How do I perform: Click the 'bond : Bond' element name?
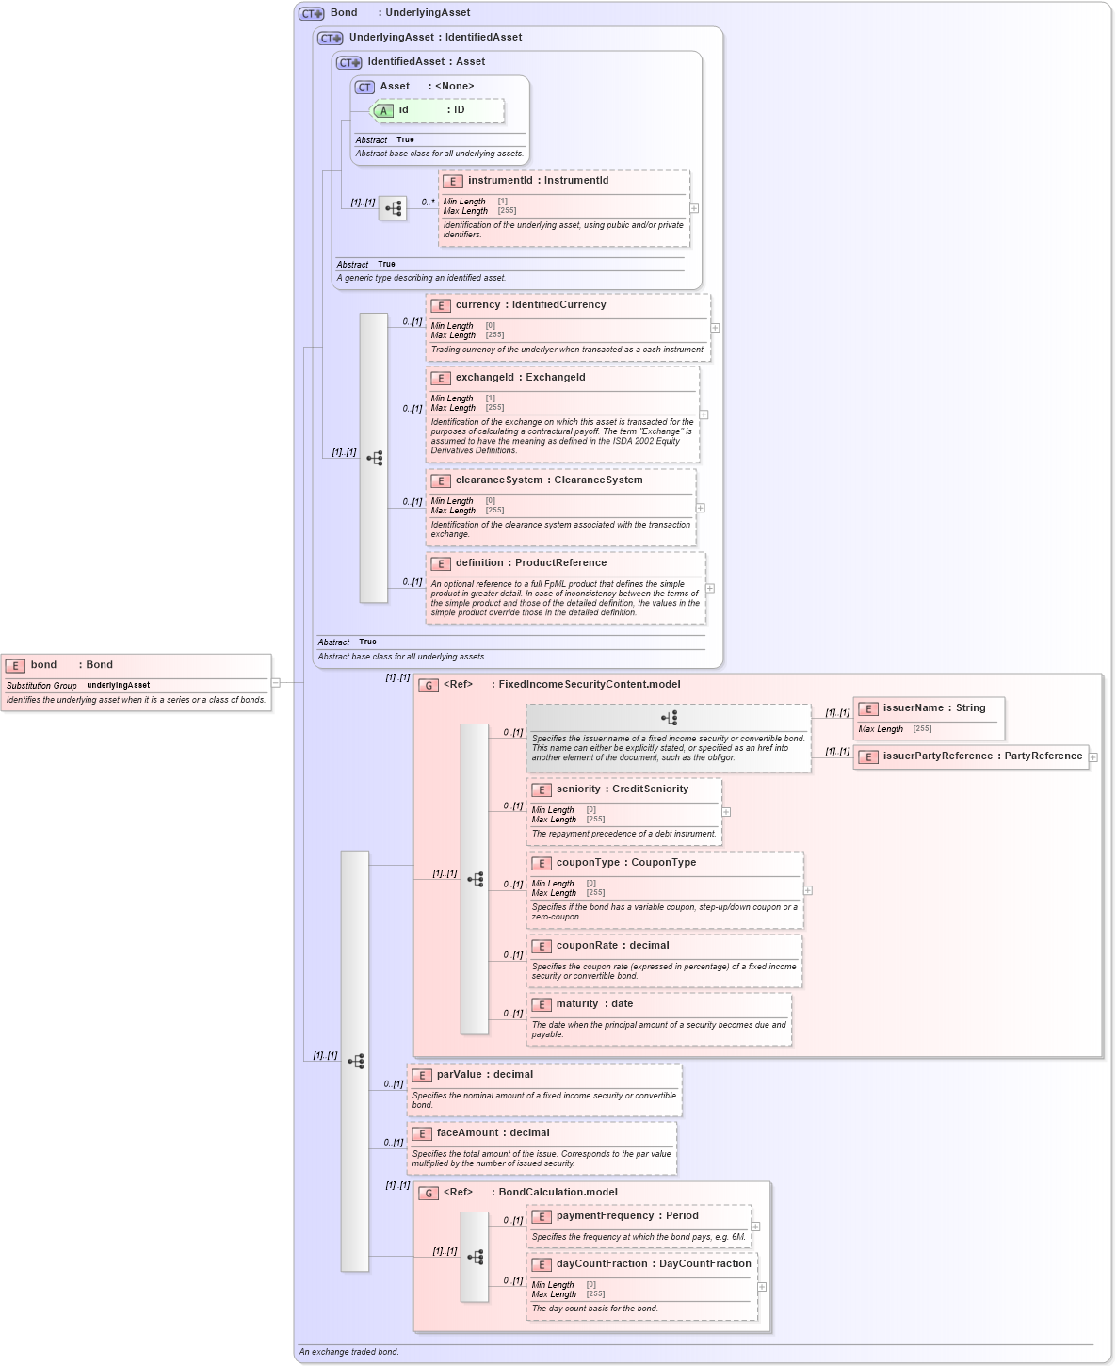pyautogui.click(x=71, y=665)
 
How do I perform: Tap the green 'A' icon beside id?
pyautogui.click(x=383, y=111)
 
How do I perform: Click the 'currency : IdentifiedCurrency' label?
pyautogui.click(x=530, y=305)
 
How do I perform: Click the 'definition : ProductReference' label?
pyautogui.click(x=530, y=563)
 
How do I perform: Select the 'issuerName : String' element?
pyautogui.click(x=933, y=708)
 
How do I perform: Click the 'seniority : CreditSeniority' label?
pyautogui.click(x=622, y=789)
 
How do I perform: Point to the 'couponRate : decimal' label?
pyautogui.click(x=612, y=946)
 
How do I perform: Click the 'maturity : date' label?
pyautogui.click(x=594, y=1004)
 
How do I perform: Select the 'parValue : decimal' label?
pyautogui.click(x=484, y=1075)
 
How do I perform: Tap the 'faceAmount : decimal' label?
pyautogui.click(x=493, y=1133)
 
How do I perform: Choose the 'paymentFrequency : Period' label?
pyautogui.click(x=626, y=1216)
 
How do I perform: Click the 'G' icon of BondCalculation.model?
pyautogui.click(x=429, y=1194)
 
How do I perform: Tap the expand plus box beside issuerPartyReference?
pyautogui.click(x=1093, y=757)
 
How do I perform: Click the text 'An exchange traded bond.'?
pyautogui.click(x=348, y=1352)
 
